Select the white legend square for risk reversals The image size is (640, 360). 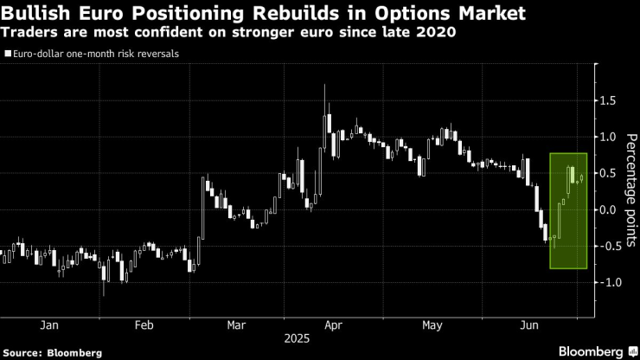point(7,54)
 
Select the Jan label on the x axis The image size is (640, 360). point(48,325)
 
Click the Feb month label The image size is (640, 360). point(144,325)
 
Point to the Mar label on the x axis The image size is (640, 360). point(236,325)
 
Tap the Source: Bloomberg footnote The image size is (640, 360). point(53,353)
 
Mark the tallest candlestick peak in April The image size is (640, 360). point(324,86)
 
